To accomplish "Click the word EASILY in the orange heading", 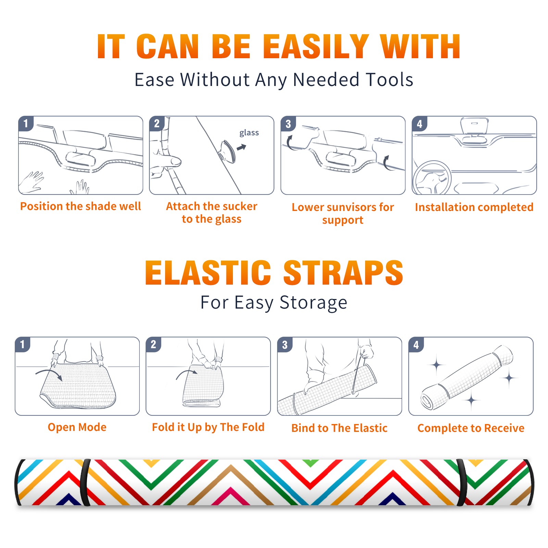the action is pos(316,47).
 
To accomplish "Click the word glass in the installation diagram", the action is pos(249,133).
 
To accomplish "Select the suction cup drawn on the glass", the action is pos(227,151).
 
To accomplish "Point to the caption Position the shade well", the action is pos(80,206).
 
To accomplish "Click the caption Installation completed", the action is pos(474,207).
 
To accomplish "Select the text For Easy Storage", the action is pos(274,302).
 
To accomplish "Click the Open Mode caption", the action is pos(77,427).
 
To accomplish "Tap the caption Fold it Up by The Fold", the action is pos(208,427).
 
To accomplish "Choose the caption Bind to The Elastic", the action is pos(339,428).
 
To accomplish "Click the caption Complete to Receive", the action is pos(471,428).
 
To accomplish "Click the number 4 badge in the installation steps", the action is pos(420,124).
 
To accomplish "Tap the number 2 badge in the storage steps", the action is pos(153,344).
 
